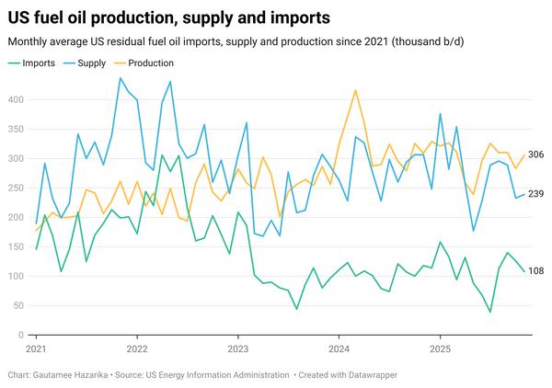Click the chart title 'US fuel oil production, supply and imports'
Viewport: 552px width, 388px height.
(169, 17)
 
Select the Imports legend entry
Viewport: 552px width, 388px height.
(37, 63)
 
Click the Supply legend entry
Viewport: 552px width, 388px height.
(91, 63)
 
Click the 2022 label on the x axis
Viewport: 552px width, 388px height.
(137, 349)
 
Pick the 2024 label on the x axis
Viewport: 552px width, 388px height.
(339, 349)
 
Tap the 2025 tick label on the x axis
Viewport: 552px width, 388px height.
(440, 349)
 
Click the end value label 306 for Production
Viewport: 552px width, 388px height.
(536, 154)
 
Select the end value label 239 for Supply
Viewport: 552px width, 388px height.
(536, 194)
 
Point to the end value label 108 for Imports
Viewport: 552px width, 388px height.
(536, 271)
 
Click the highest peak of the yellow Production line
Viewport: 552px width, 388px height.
(355, 90)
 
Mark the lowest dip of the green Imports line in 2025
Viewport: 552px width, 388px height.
(490, 312)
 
